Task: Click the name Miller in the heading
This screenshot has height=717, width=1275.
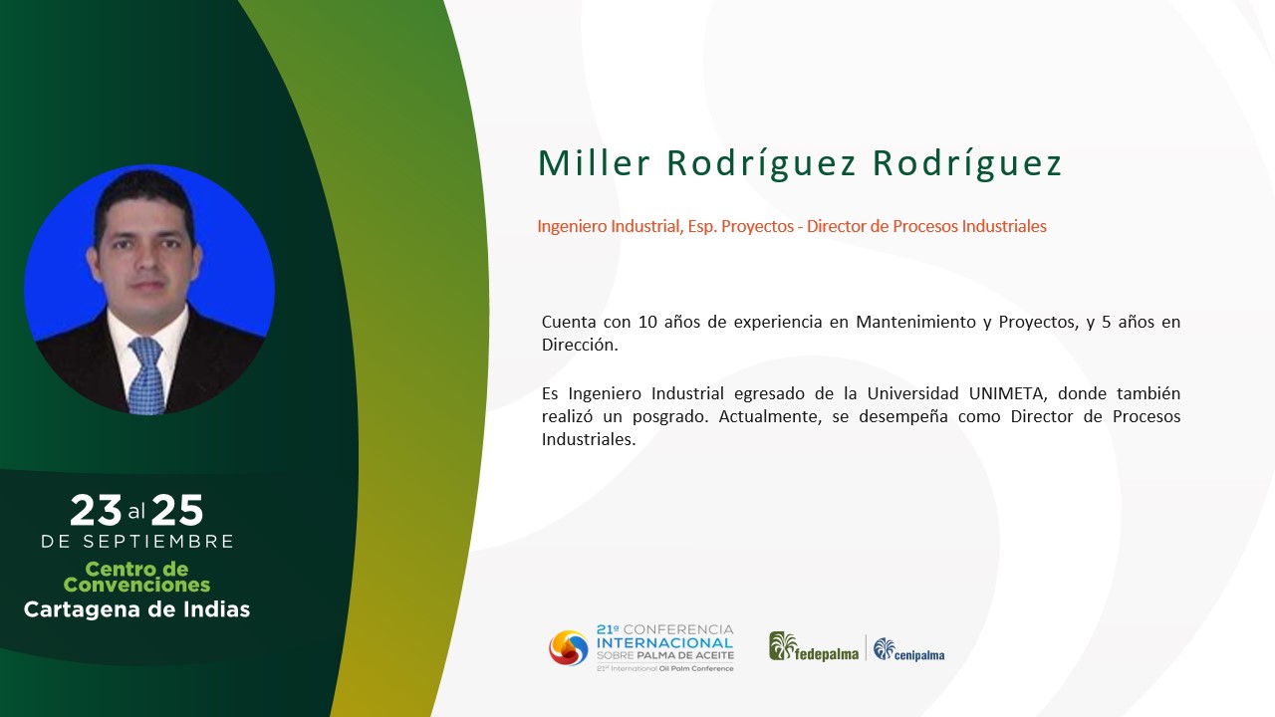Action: [594, 163]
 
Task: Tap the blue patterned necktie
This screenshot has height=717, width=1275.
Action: [147, 375]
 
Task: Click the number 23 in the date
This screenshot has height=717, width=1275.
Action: [96, 510]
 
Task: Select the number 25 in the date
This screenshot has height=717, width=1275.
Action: [177, 510]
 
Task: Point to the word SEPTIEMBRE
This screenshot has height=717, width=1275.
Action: [158, 541]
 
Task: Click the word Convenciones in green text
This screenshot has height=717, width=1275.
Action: [136, 585]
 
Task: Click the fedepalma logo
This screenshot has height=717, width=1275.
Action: [814, 647]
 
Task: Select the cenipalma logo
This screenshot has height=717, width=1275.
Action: [909, 650]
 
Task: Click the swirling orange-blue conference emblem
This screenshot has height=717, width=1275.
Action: [568, 647]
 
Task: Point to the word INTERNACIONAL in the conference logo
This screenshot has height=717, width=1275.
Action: [664, 643]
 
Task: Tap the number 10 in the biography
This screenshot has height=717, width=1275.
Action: [647, 322]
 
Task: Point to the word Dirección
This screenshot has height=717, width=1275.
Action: [580, 345]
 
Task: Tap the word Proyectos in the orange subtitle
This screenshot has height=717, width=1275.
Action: [757, 226]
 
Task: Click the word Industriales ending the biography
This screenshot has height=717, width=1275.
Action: [589, 439]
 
